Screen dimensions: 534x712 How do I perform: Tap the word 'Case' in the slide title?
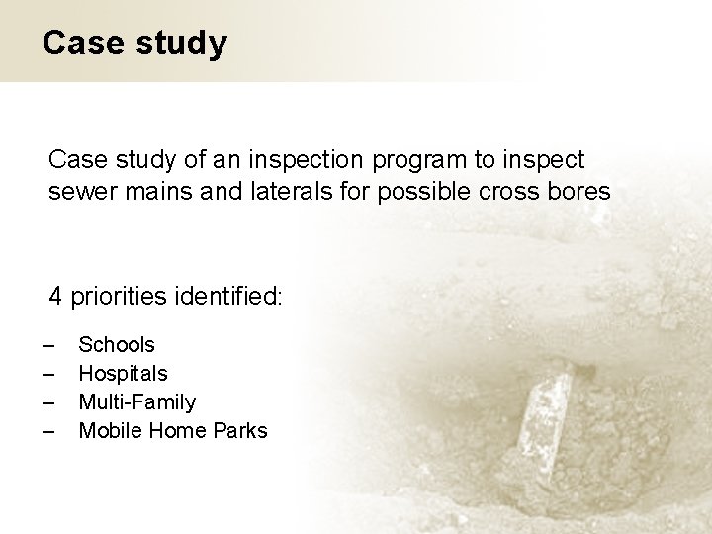(x=82, y=43)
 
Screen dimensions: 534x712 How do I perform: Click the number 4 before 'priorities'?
(x=56, y=296)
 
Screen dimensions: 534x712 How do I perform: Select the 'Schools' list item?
(x=117, y=345)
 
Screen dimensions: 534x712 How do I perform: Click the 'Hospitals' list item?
(x=123, y=374)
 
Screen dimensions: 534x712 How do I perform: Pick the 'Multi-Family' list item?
(x=136, y=402)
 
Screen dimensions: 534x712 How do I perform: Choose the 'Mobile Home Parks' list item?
(x=172, y=431)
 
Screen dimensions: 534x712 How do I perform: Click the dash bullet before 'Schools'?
(x=49, y=345)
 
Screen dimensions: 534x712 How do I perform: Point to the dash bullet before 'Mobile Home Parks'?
(x=49, y=431)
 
